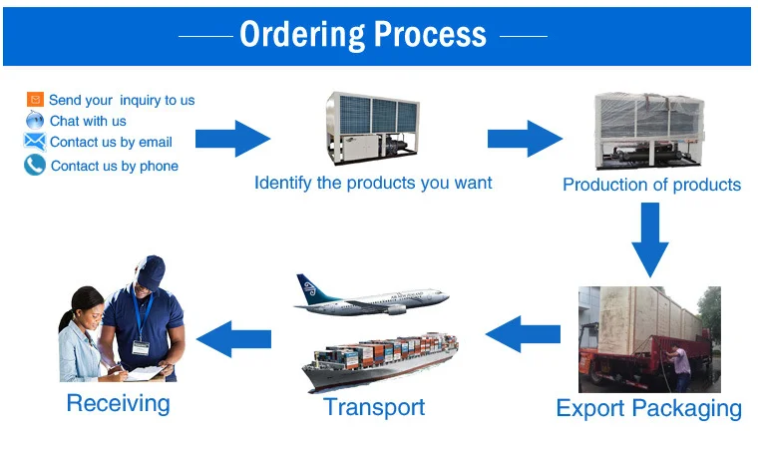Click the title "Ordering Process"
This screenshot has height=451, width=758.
[363, 36]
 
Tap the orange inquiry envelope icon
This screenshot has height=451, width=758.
[35, 100]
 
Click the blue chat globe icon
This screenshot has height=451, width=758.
[35, 120]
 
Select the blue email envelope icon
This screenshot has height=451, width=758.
[35, 142]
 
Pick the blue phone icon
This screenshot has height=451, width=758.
[35, 165]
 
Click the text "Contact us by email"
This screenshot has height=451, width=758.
[111, 142]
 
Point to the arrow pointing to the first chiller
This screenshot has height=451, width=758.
[232, 138]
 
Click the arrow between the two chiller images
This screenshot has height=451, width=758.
[525, 138]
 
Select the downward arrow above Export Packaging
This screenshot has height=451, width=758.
[650, 239]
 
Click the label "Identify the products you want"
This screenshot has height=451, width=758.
[373, 183]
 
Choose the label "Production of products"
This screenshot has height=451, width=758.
[651, 185]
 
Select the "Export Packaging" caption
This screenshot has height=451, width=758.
[648, 408]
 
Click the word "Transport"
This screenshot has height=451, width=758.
[374, 407]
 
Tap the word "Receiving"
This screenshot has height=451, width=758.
[118, 403]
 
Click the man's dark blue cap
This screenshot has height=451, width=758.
[150, 268]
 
